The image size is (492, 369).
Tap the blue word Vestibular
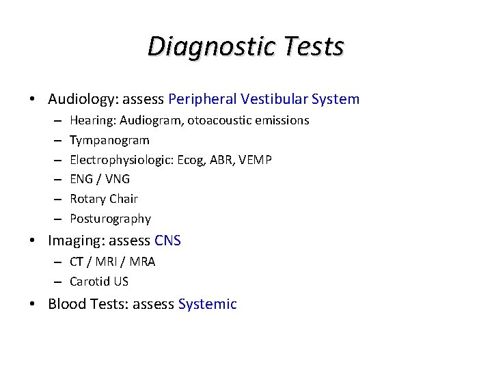point(273,99)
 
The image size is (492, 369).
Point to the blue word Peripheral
point(202,99)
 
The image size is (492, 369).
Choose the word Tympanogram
point(109,140)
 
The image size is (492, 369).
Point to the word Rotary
point(87,199)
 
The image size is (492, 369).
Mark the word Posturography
point(110,219)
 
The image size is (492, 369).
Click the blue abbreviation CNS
point(168,241)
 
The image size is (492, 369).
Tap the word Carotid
point(89,282)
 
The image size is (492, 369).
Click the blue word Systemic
point(207,304)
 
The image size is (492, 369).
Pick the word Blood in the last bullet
point(65,304)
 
